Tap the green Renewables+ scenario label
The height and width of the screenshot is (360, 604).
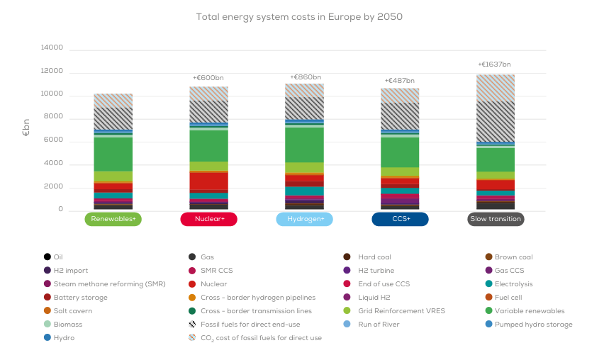pos(113,219)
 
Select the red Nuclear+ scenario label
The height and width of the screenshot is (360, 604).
pos(208,219)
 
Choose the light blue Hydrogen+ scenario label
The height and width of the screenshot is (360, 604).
pos(304,219)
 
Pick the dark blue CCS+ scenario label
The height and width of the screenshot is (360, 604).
pos(400,219)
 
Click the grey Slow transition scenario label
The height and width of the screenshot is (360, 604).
pos(496,219)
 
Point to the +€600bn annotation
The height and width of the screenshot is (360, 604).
pos(208,78)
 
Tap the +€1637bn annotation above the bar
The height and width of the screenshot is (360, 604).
pos(495,64)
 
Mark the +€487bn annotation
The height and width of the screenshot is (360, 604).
pos(399,81)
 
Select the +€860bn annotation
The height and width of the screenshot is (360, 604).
pos(305,77)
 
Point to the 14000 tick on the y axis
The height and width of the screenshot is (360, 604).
pos(52,47)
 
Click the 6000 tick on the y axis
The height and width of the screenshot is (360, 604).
pos(54,140)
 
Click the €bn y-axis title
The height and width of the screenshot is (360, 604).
pos(26,128)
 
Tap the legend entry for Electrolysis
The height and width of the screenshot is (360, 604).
pos(513,283)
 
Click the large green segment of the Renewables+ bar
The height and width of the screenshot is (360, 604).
pos(113,154)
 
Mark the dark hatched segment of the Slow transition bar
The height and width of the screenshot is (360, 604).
pos(496,121)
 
